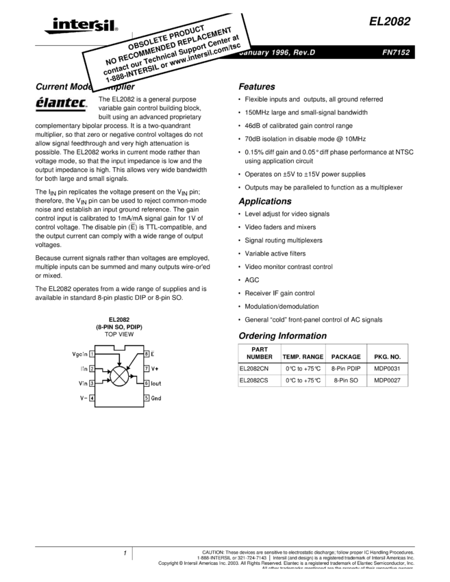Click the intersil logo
79,26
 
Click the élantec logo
63,105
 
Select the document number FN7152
395,53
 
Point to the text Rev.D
302,53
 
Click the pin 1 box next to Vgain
92,354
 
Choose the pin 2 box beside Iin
92,368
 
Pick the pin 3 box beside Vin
92,383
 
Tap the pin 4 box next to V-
92,398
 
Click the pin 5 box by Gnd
146,398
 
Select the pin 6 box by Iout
146,383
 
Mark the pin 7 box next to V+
146,368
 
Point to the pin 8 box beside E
146,354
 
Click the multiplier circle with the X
119,376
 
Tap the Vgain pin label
79,354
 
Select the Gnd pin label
156,398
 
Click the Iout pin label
156,383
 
